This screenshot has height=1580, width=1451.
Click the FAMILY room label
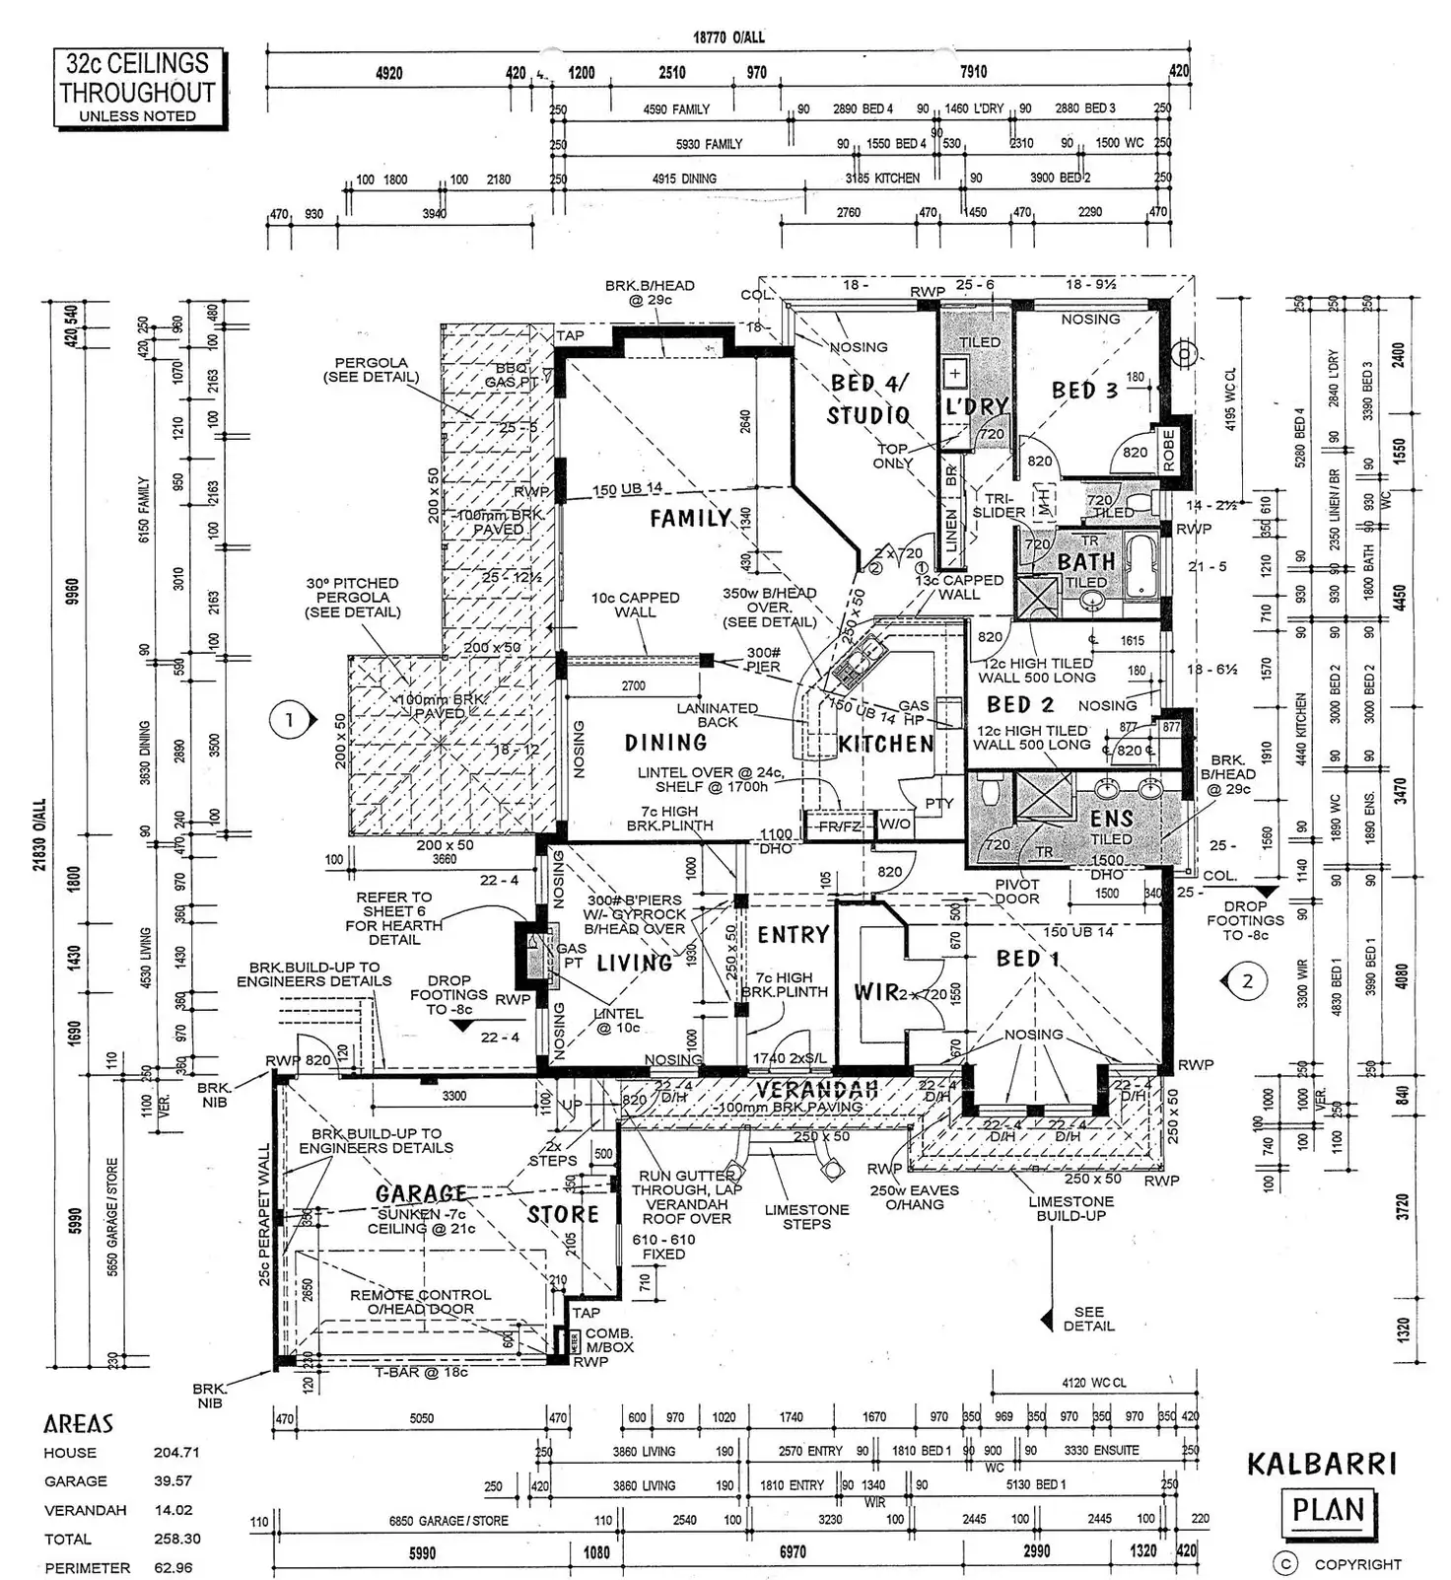[x=690, y=518]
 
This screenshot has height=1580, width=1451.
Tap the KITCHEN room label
[x=885, y=744]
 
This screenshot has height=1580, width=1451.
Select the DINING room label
[x=665, y=743]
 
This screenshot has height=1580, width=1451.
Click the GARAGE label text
[x=421, y=1194]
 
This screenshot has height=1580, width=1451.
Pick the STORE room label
[x=563, y=1214]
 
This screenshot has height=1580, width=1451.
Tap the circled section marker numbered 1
[x=289, y=720]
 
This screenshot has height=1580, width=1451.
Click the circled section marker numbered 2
[x=1248, y=981]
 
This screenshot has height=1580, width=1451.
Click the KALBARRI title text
[x=1322, y=1464]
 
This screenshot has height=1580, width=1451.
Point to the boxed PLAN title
[x=1328, y=1510]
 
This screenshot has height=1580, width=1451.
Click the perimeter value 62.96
[x=173, y=1567]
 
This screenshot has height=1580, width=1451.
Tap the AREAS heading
[x=78, y=1423]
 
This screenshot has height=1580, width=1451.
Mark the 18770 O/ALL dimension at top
[x=728, y=37]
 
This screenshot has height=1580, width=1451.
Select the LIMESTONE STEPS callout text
[x=806, y=1216]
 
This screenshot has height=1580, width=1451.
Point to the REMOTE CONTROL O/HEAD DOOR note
[x=420, y=1301]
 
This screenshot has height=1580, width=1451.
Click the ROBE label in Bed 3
[x=1169, y=449]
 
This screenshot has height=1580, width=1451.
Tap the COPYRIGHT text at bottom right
[x=1357, y=1564]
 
